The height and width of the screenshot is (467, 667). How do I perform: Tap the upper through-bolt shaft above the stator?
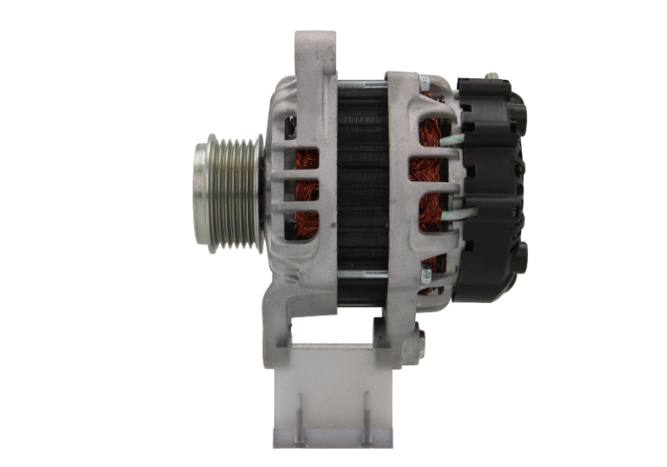pyautogui.click(x=360, y=83)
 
